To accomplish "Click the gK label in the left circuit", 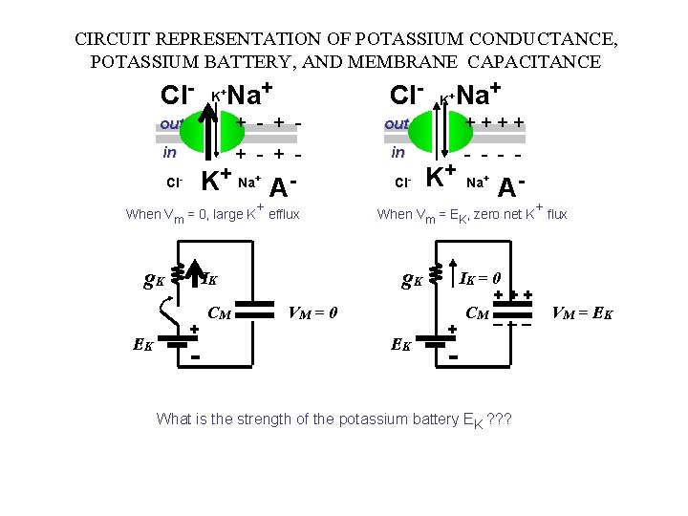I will click(153, 280).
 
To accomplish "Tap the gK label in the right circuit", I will click(413, 280).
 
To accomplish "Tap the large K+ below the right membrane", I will click(440, 178).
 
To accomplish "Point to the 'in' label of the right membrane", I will click(398, 152).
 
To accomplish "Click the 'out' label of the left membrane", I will click(172, 123).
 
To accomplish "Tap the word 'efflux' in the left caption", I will click(284, 214).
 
